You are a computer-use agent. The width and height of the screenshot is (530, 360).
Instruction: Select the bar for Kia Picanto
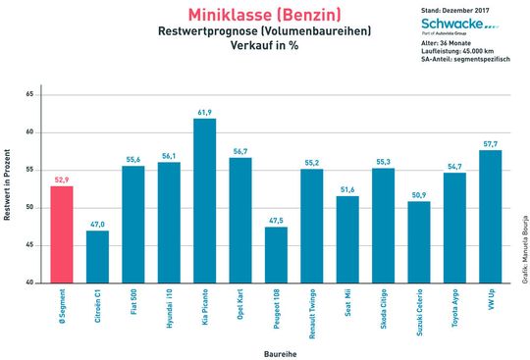point(205,201)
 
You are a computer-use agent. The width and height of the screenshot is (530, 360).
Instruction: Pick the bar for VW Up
point(490,217)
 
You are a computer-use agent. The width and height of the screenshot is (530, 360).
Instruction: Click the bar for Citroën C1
point(97,257)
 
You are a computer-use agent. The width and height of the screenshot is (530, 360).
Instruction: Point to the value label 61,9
point(205,113)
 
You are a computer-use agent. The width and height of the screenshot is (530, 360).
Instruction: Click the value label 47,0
point(97,225)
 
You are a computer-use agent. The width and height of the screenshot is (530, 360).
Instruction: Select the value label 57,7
point(490,144)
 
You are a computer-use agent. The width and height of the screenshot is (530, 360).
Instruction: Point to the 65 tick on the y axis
point(30,94)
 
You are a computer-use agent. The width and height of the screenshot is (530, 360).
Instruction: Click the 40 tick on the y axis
point(30,283)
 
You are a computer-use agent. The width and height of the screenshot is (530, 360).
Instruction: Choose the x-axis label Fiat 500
point(133,305)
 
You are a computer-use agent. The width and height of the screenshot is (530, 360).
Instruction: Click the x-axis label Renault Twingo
point(312,310)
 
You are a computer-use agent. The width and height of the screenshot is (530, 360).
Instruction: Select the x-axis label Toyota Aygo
point(454,307)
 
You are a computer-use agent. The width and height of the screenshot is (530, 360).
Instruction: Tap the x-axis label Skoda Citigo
point(384,308)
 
